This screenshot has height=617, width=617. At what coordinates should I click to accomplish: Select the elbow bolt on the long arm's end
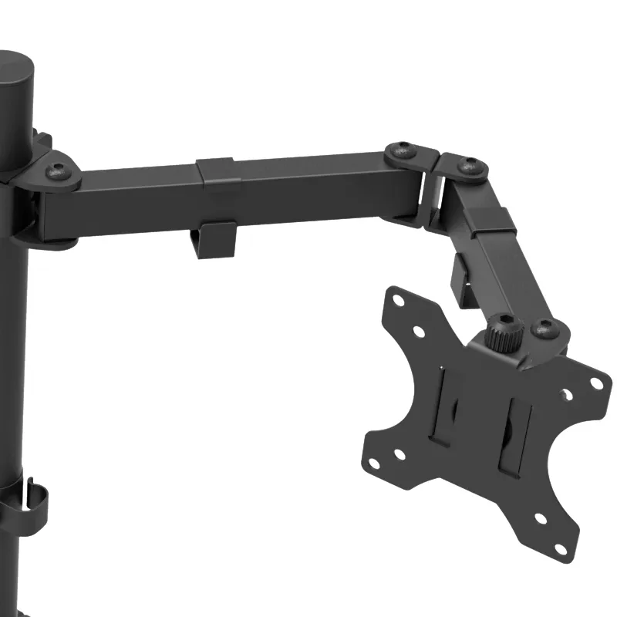click(x=403, y=151)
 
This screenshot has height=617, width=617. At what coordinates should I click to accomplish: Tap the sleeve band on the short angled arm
click(x=492, y=221)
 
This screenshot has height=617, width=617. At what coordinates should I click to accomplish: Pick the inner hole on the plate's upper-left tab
click(x=419, y=331)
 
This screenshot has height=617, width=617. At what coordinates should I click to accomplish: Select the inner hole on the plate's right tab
click(x=568, y=396)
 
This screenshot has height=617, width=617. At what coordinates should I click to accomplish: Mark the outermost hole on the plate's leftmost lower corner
click(x=374, y=463)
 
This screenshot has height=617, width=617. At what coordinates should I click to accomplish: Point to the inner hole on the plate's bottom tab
click(x=541, y=519)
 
